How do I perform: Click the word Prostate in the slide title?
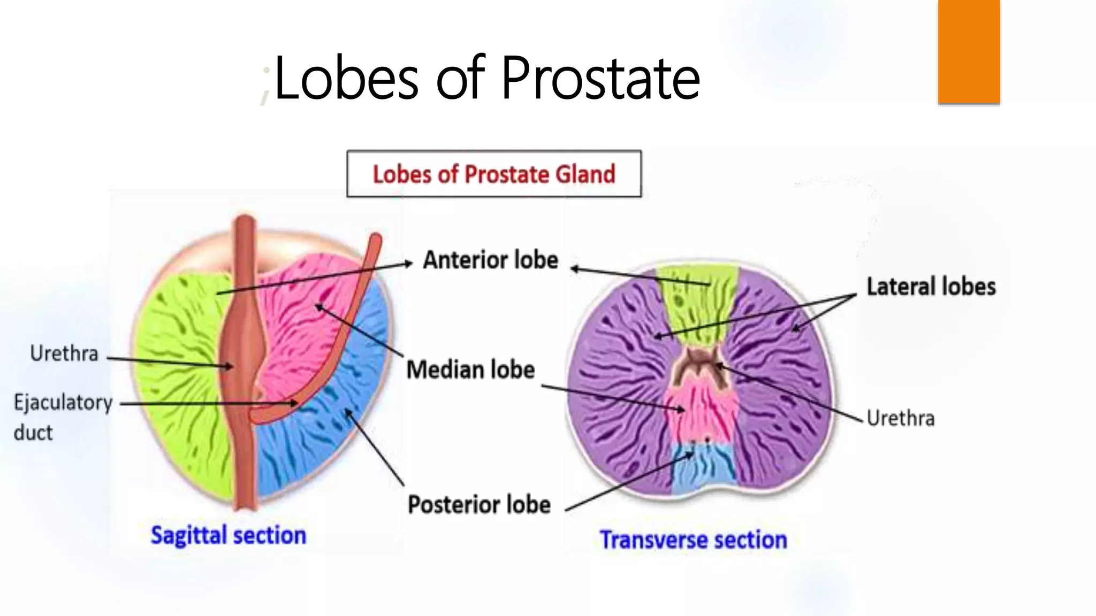click(x=600, y=79)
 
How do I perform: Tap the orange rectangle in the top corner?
click(x=969, y=51)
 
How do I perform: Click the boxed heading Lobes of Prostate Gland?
click(x=493, y=174)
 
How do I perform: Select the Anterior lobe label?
click(x=490, y=260)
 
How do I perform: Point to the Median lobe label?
click(x=470, y=369)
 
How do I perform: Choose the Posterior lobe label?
click(x=479, y=504)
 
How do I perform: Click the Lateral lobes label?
click(x=931, y=287)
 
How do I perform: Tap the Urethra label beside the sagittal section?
click(x=64, y=353)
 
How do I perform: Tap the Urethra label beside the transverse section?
click(x=900, y=418)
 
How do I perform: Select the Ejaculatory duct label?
click(x=63, y=416)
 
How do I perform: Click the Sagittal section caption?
click(x=228, y=535)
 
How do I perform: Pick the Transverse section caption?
click(x=693, y=540)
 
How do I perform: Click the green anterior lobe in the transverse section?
click(x=696, y=305)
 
